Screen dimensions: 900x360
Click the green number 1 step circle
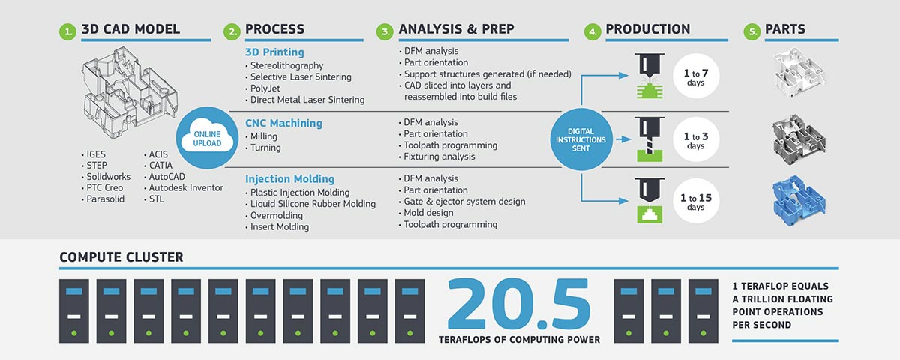point(67,31)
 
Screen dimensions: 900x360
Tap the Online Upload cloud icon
point(207,139)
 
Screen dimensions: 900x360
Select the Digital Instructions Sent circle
point(581,139)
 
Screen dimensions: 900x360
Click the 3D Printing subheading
point(274,52)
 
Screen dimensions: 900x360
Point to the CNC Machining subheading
point(283,123)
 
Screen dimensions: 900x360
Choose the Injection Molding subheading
point(289,179)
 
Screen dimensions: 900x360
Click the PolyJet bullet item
point(265,88)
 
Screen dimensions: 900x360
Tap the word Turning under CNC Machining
point(265,148)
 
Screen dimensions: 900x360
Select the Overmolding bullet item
point(277,216)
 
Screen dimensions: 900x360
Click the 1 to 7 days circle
point(696,76)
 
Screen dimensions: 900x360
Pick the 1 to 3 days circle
point(696,139)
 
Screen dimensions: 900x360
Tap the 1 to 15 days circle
point(696,201)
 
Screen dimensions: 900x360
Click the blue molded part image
point(799,200)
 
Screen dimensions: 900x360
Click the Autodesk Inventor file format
point(186,188)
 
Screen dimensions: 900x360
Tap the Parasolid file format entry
point(105,199)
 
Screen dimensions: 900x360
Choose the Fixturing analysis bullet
point(439,157)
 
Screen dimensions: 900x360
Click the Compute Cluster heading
point(121,257)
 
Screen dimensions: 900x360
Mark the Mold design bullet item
point(428,213)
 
